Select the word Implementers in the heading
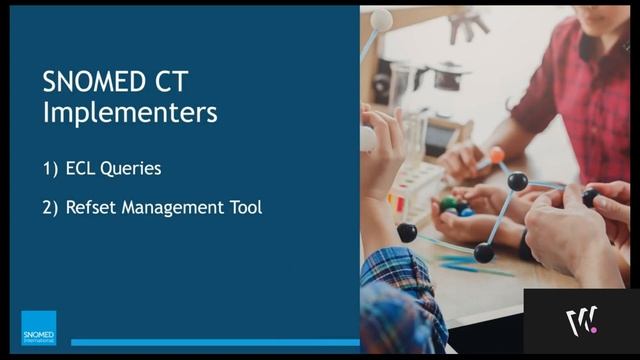point(129,112)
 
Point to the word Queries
point(133,169)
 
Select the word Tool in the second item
point(245,208)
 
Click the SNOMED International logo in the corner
point(39,327)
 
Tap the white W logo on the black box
point(581,322)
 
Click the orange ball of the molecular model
point(496,156)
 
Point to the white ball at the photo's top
point(381,18)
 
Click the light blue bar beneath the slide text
point(214,342)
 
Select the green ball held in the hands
point(449,203)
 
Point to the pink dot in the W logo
point(593,327)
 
